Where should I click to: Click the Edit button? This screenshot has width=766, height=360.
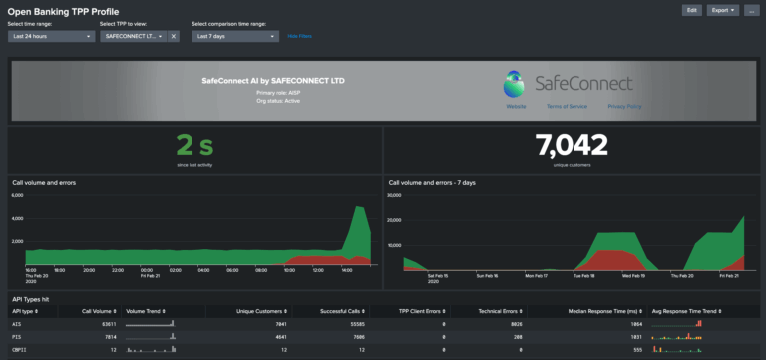(691, 10)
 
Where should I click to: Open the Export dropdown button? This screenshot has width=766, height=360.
(722, 10)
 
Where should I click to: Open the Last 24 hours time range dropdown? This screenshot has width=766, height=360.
(51, 36)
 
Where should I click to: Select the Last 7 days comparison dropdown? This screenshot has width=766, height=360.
(234, 36)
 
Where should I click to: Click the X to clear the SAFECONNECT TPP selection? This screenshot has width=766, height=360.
(173, 36)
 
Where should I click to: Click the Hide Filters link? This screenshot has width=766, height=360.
(299, 36)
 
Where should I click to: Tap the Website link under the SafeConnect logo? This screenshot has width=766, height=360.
(516, 105)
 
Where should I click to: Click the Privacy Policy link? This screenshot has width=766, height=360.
(624, 105)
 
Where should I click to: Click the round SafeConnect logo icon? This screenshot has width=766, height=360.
(514, 81)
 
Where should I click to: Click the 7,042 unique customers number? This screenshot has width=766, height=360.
(570, 146)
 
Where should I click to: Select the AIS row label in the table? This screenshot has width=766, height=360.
(16, 324)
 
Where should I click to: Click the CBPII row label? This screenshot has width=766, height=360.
(19, 350)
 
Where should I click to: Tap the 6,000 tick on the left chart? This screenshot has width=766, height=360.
(16, 196)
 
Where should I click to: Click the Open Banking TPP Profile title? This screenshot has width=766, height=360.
(63, 11)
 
